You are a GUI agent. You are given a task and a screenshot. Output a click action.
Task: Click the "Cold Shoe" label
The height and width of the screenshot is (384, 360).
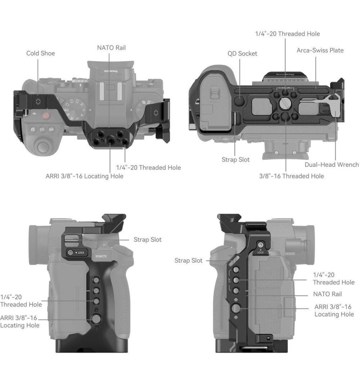[x=40, y=53]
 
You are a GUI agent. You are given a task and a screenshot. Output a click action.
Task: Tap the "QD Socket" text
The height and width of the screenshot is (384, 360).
[x=242, y=53]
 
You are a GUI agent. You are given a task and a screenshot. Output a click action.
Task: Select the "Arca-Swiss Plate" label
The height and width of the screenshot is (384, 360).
[x=320, y=50]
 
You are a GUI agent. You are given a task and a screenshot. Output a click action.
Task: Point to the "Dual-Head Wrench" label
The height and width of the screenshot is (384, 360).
[x=332, y=165]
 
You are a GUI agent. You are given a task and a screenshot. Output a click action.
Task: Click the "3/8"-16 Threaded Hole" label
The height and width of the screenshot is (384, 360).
[x=291, y=176]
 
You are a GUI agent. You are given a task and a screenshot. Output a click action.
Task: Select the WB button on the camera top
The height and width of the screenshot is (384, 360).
[x=51, y=129]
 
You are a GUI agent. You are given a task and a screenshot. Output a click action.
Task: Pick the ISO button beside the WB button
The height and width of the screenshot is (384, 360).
[x=42, y=129]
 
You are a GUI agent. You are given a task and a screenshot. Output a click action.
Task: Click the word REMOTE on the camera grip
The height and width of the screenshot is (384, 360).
[x=101, y=256]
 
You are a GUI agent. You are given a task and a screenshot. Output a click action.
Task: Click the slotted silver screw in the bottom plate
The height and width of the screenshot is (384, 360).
[x=285, y=104]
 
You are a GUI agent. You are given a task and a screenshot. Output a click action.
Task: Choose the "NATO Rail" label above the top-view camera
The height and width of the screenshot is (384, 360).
[x=111, y=48]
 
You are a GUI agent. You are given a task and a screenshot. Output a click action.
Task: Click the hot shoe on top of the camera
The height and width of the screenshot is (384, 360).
[x=110, y=88]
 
